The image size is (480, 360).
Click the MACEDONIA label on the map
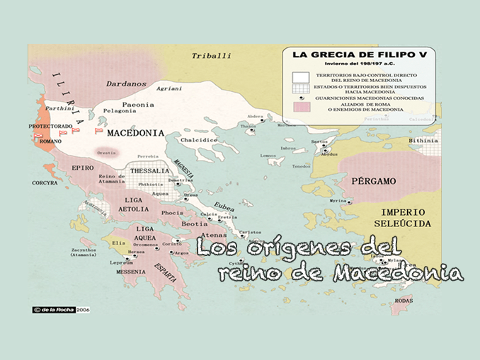[x=136, y=133]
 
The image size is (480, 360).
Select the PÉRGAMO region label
[x=374, y=181]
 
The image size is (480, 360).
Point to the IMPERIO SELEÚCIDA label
[x=403, y=217]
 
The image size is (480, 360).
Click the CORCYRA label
[x=45, y=182]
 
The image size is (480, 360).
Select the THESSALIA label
[x=149, y=170]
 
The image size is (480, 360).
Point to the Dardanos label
[x=126, y=83]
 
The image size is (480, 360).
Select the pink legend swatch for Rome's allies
[x=302, y=107]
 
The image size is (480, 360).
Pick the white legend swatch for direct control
[x=302, y=76]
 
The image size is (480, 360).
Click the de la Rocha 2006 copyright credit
[x=62, y=309]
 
